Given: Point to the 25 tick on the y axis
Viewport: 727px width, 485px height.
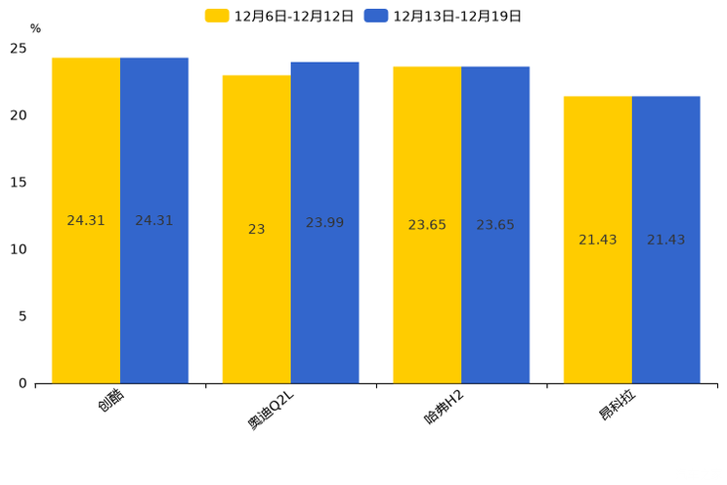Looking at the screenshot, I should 19,49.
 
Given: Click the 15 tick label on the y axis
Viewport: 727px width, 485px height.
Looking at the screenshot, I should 19,183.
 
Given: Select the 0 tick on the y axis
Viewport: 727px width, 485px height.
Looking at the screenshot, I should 22,383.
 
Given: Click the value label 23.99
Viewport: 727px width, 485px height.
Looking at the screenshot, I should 324,223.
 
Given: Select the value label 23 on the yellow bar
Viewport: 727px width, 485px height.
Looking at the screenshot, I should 256,230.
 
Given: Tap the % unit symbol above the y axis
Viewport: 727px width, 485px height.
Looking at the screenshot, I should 35,29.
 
